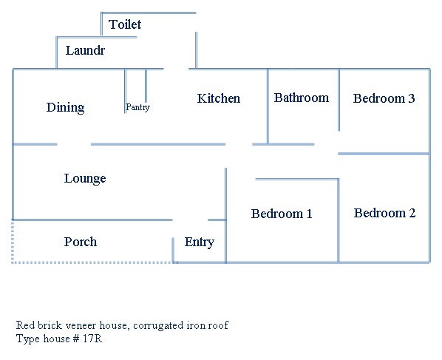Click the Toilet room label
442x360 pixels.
(x=125, y=24)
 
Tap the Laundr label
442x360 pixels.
(x=85, y=51)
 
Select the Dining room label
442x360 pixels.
(x=65, y=108)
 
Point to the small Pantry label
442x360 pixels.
(x=137, y=107)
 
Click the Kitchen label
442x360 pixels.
(x=219, y=98)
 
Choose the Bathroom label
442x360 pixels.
(x=302, y=98)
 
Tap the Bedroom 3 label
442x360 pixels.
(x=384, y=98)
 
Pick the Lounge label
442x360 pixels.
(x=85, y=179)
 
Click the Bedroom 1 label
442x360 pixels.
(x=282, y=214)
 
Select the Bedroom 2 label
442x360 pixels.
(x=384, y=213)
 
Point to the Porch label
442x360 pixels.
(x=81, y=242)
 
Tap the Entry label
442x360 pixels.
(x=200, y=242)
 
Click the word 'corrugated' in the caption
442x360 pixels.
(x=156, y=325)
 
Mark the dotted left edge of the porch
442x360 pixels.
(x=13, y=241)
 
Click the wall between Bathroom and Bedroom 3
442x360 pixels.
(x=339, y=100)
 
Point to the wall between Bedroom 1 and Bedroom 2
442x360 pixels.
(x=339, y=220)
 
